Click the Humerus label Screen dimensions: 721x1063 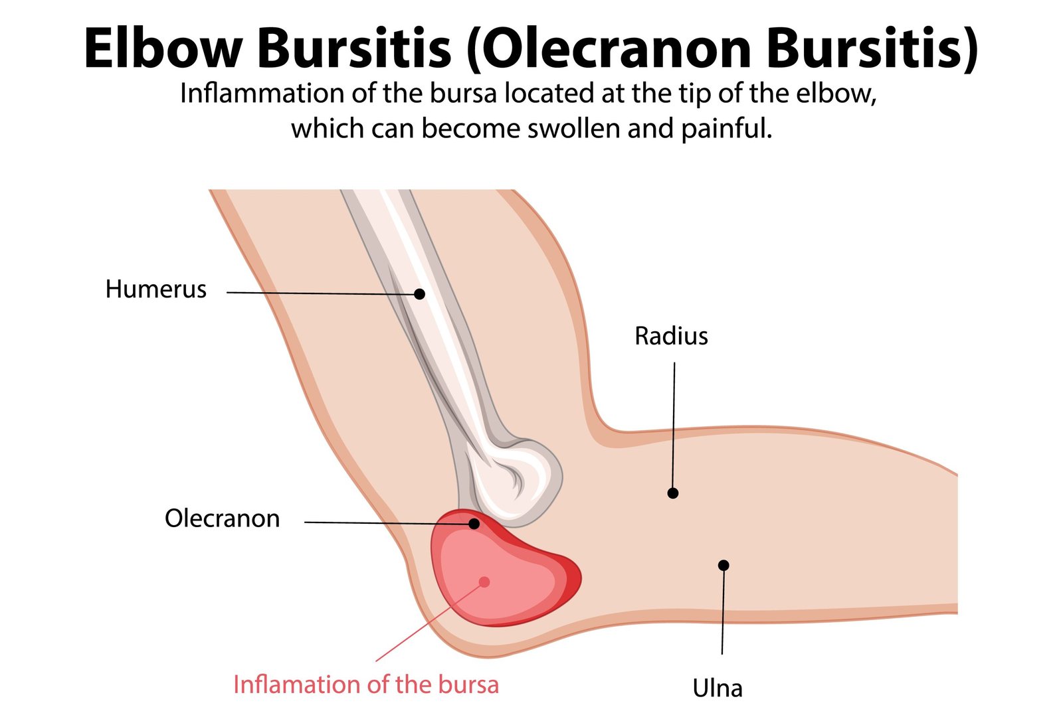tap(155, 289)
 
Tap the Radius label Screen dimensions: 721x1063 tap(671, 336)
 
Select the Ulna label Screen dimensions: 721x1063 tap(718, 688)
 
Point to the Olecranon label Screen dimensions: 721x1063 tap(222, 519)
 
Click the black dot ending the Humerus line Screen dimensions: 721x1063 tap(419, 293)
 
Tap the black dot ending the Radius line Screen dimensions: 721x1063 tap(673, 493)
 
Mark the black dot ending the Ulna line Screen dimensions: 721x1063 tap(724, 565)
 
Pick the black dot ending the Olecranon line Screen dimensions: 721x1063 tap(474, 524)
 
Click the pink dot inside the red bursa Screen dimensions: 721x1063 tap(484, 582)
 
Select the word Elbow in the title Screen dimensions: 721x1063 tap(163, 48)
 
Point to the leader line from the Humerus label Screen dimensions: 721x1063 tap(319, 293)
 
